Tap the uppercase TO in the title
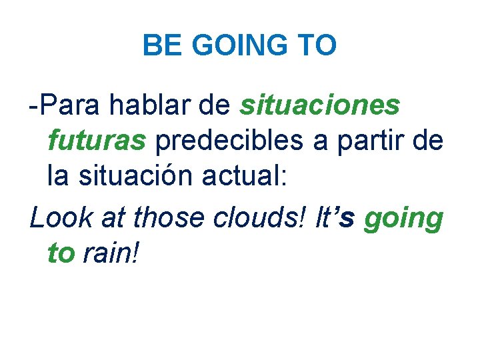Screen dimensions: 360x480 click(317, 46)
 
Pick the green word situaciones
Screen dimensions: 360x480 click(320, 105)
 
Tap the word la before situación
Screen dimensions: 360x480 click(59, 177)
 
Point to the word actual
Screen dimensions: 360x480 click(247, 177)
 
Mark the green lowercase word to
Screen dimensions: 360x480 click(61, 253)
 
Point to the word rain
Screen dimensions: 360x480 click(110, 253)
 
